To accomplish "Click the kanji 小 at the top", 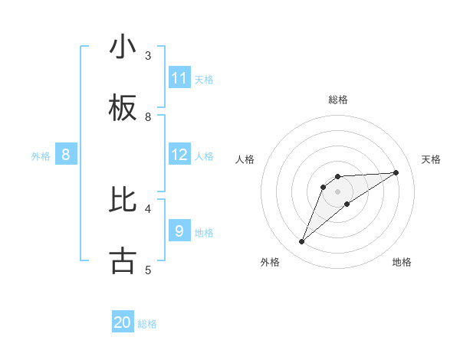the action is pyautogui.click(x=123, y=47).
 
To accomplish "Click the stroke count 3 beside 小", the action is pyautogui.click(x=148, y=56).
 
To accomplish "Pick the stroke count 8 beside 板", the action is pyautogui.click(x=148, y=117).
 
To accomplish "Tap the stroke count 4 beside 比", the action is pyautogui.click(x=148, y=208).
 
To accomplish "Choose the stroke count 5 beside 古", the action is pyautogui.click(x=148, y=270).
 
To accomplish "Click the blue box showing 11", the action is pyautogui.click(x=179, y=78).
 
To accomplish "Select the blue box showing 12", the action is pyautogui.click(x=179, y=155).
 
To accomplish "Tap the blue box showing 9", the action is pyautogui.click(x=179, y=231).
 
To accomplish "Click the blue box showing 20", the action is pyautogui.click(x=123, y=322).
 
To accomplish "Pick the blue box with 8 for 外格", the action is pyautogui.click(x=66, y=155).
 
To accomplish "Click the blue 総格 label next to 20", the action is pyautogui.click(x=147, y=324).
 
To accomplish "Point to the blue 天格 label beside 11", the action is pyautogui.click(x=204, y=79).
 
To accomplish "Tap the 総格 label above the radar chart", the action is pyautogui.click(x=338, y=100).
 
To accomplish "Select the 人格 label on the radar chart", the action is pyautogui.click(x=245, y=159).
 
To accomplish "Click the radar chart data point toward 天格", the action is pyautogui.click(x=396, y=172).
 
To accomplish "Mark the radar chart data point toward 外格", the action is pyautogui.click(x=301, y=242).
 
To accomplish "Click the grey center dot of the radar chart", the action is pyautogui.click(x=338, y=191).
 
